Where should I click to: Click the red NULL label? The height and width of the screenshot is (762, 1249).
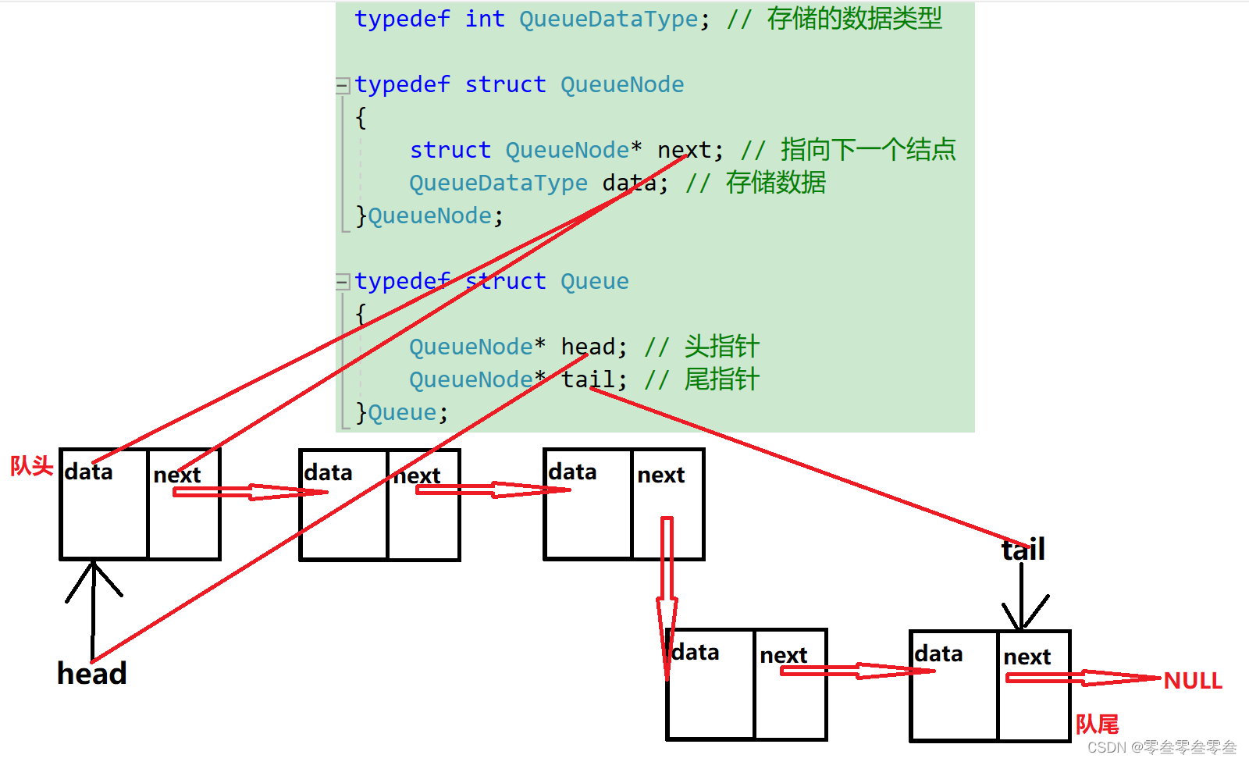click(x=1192, y=681)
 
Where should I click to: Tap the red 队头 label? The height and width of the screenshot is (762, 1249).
click(x=31, y=466)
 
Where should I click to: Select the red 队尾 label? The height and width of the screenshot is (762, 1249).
click(x=1097, y=725)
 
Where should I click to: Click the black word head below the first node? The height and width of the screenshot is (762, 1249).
click(x=92, y=673)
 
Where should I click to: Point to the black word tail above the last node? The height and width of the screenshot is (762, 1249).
click(x=1023, y=550)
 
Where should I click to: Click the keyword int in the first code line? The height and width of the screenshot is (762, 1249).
click(x=485, y=19)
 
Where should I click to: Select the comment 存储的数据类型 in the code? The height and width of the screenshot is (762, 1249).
click(x=854, y=19)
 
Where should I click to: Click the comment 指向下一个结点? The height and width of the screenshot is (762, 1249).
click(x=868, y=149)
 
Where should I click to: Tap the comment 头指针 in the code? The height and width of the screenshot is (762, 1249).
click(x=721, y=346)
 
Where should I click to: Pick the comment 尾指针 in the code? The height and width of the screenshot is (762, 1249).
click(x=721, y=379)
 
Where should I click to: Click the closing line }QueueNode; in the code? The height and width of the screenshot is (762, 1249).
click(x=429, y=215)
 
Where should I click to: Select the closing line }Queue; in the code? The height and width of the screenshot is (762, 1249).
click(x=402, y=412)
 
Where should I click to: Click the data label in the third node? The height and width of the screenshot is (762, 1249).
click(x=572, y=472)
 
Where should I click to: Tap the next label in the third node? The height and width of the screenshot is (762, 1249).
click(x=660, y=475)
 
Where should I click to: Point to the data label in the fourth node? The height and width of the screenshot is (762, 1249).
click(x=696, y=653)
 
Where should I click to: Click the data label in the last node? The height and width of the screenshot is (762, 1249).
click(x=938, y=654)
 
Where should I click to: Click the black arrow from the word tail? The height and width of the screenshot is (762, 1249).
click(x=1022, y=597)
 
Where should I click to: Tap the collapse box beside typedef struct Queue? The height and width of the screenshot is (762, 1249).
click(x=343, y=281)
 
